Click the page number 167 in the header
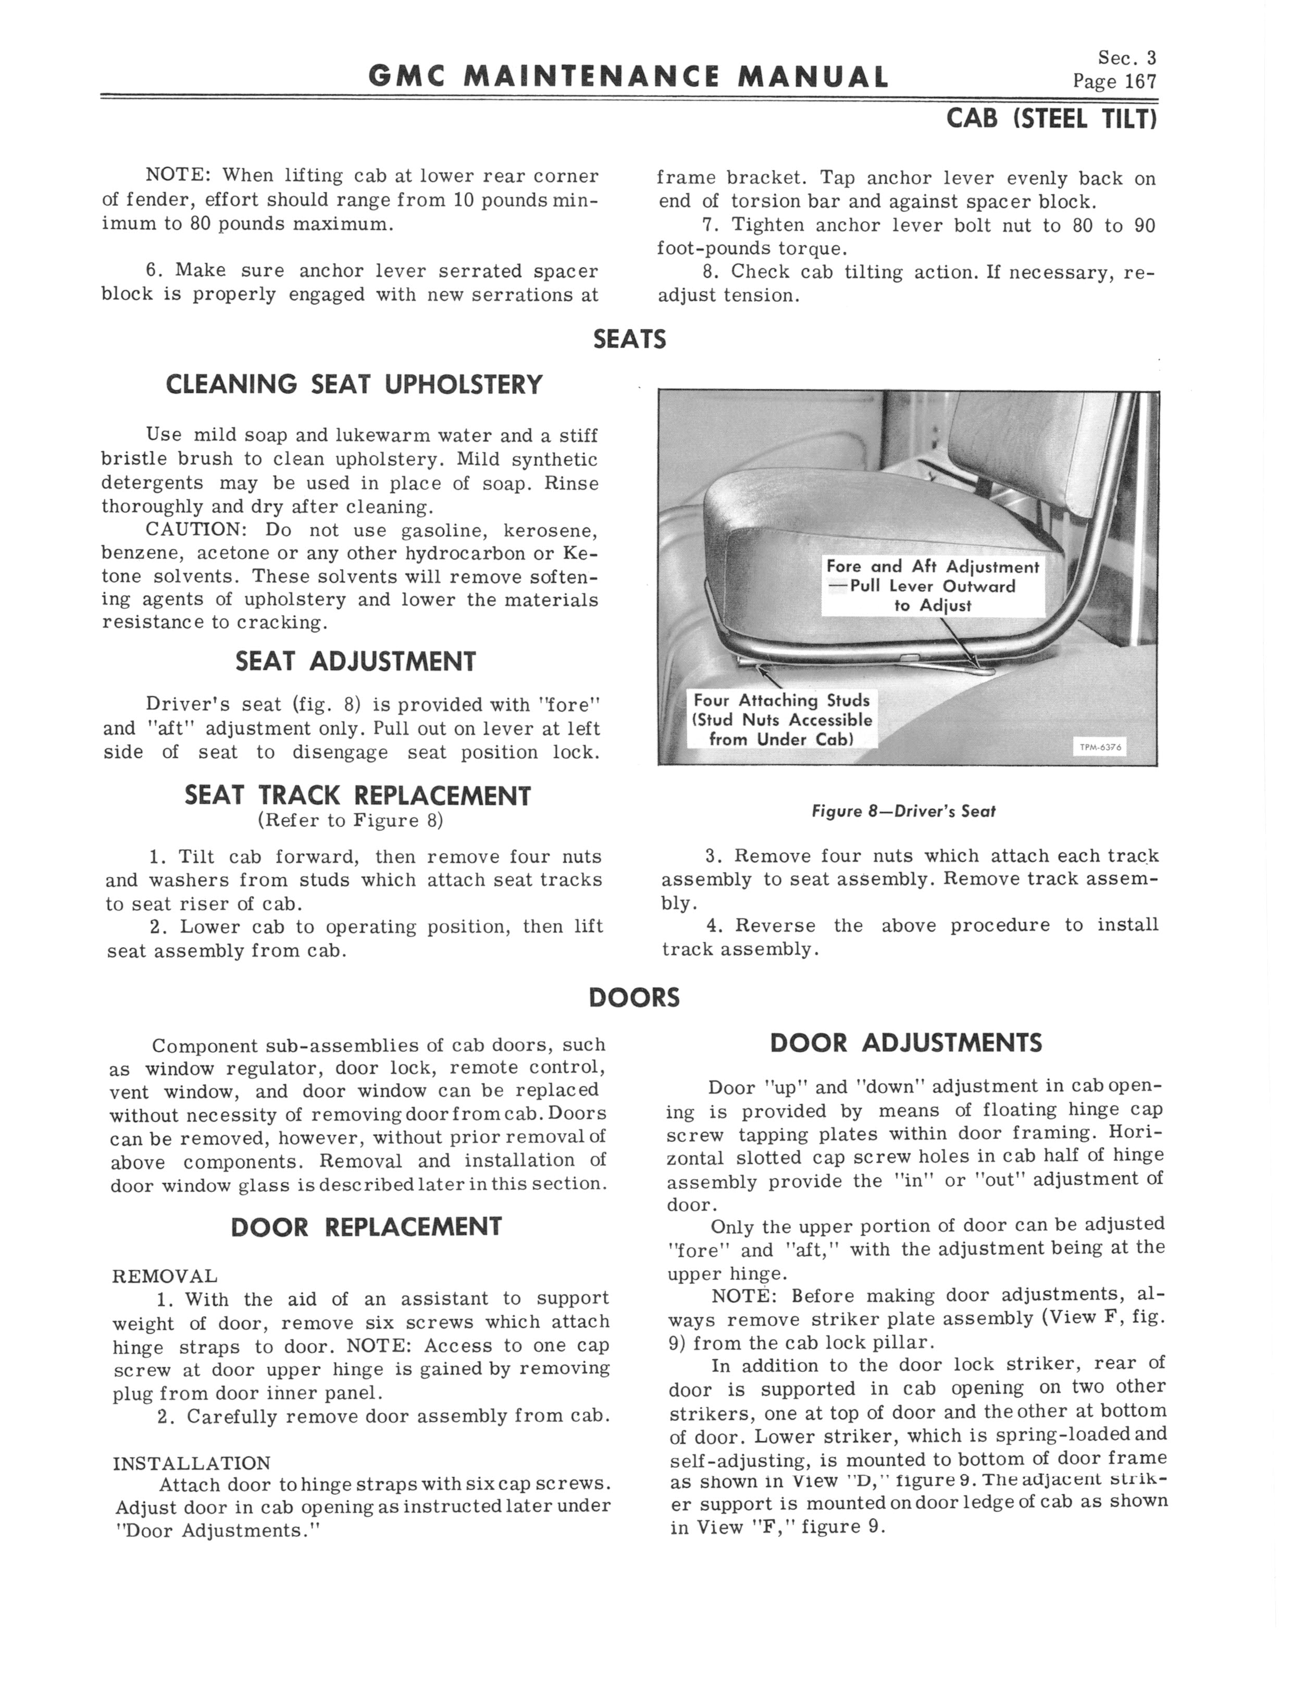(x=1139, y=81)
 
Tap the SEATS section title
(x=629, y=339)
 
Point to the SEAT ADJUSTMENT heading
(x=355, y=661)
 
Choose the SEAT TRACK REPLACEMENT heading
(x=357, y=795)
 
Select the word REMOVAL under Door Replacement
(x=165, y=1276)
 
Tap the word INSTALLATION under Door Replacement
(x=192, y=1463)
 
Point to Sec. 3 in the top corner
(x=1127, y=58)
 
